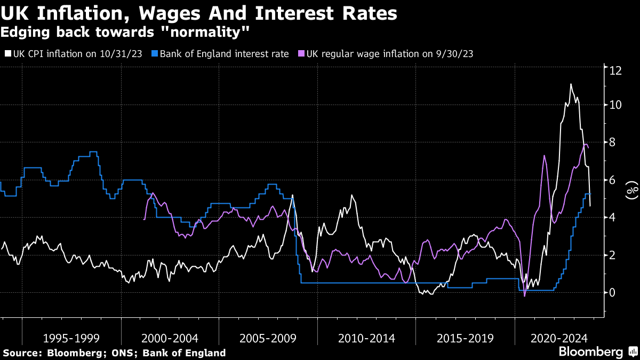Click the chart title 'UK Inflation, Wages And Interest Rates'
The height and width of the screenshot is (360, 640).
[198, 13]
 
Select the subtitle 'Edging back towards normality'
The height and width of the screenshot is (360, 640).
[125, 33]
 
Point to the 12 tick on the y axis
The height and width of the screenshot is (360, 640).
[615, 70]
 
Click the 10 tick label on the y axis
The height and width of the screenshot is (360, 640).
[615, 105]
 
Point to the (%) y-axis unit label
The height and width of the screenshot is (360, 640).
[632, 190]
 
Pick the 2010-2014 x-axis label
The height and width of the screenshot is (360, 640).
[366, 338]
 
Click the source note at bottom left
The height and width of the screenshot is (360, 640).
[115, 353]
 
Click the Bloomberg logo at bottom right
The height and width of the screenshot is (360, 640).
[597, 352]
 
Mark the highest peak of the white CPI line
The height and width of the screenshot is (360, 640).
[571, 84]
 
